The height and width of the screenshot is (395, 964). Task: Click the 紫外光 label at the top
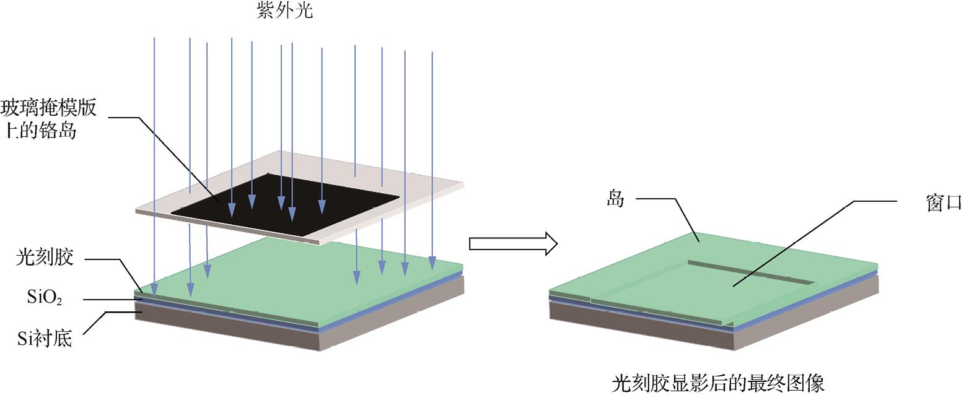point(284,11)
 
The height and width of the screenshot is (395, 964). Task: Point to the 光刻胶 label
point(45,257)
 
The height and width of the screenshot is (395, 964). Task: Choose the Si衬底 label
point(45,338)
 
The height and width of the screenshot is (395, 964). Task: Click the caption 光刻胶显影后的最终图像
point(717,382)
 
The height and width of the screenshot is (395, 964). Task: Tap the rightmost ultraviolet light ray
point(432,155)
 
